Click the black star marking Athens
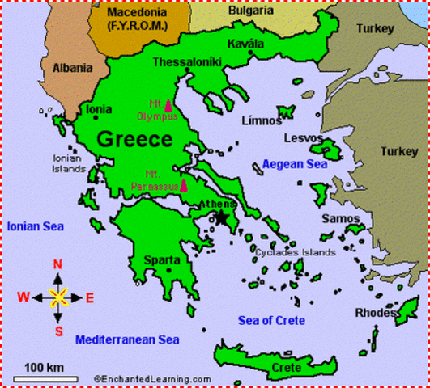coord(221,217)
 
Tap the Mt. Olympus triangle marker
coord(168,105)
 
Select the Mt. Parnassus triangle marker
coord(184,185)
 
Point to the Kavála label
coord(246,44)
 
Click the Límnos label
coord(261,121)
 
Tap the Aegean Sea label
coord(293,164)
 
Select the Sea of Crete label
coord(271,320)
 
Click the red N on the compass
coord(57,264)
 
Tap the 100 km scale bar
coord(45,377)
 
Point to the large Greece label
coord(134,139)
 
